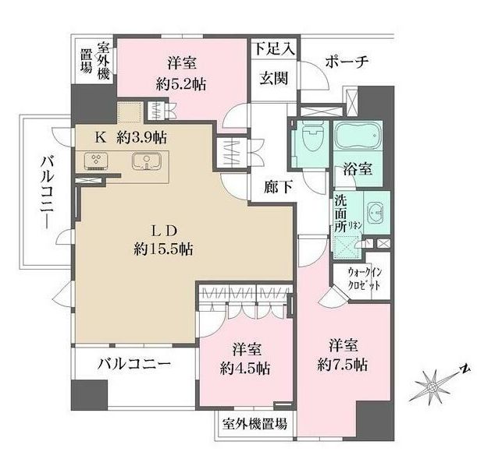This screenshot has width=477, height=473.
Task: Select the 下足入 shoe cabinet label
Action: point(274,48)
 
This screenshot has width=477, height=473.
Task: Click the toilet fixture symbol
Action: point(310,139)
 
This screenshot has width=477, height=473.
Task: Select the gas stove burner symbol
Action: point(98,161)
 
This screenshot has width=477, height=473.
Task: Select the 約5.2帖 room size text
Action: point(180,85)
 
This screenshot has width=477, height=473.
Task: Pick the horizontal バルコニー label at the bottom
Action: point(134,363)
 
